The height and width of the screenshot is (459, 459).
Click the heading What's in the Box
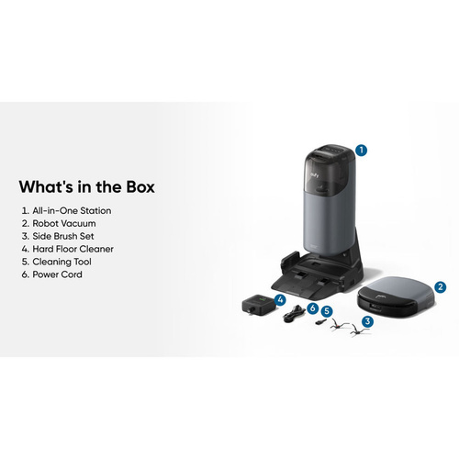click(87, 186)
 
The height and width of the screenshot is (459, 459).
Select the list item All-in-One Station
click(66, 210)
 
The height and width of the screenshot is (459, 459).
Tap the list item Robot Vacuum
click(59, 223)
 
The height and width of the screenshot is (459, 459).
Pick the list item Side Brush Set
click(58, 236)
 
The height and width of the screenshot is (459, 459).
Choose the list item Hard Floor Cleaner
click(68, 249)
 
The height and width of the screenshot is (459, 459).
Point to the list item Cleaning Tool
click(57, 262)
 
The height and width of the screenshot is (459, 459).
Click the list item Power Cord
click(52, 274)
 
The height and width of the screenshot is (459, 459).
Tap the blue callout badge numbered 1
click(362, 151)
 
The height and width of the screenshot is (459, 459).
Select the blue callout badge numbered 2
click(440, 287)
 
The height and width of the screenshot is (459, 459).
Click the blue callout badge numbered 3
click(367, 321)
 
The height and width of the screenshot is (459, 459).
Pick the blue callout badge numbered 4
click(280, 300)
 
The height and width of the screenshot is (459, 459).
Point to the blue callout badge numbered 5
click(327, 311)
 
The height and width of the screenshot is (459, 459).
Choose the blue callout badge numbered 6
click(312, 308)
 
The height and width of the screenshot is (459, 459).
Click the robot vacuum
click(397, 297)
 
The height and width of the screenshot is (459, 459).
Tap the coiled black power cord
click(295, 314)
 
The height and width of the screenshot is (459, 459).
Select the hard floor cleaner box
click(258, 304)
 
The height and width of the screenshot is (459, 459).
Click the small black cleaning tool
click(320, 321)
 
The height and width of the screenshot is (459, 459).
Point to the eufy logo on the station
click(314, 175)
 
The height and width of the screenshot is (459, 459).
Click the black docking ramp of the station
click(309, 280)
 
